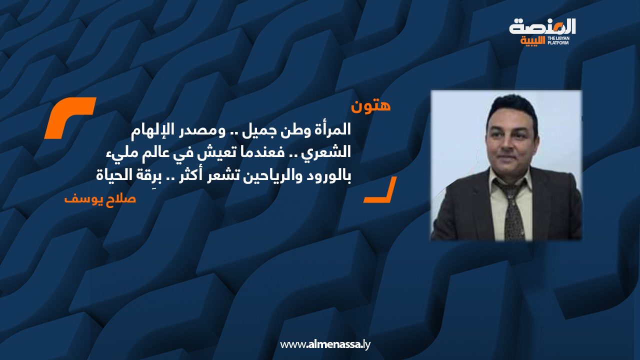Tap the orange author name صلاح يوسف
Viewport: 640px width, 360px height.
coord(100,198)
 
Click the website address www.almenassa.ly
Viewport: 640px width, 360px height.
coord(325,344)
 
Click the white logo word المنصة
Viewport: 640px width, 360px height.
coord(542,27)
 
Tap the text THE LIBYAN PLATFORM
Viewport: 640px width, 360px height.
coord(558,41)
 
